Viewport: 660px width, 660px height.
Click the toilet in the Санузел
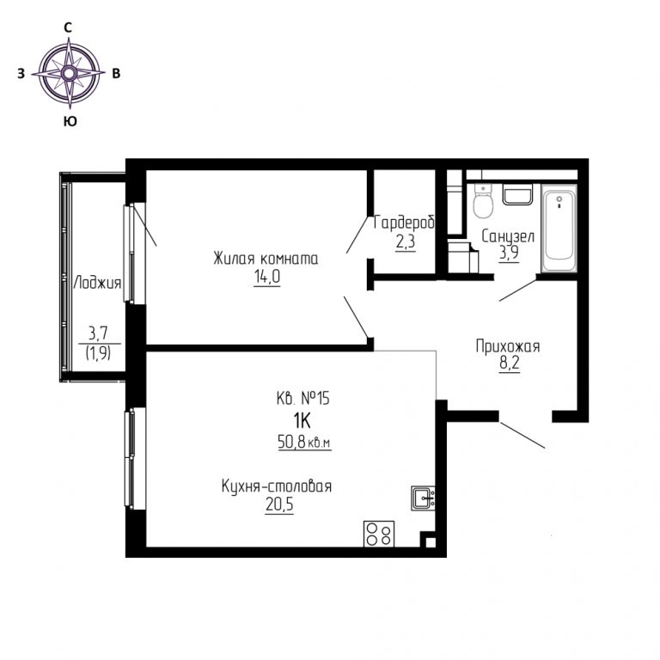482,201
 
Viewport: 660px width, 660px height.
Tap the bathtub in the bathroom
559,229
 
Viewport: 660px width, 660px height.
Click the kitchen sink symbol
423,498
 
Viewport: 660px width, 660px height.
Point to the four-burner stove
379,534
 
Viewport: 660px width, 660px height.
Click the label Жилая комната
266,259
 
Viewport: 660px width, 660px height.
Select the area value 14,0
267,277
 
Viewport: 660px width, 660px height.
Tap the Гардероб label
404,223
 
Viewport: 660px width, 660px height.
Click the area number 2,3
406,242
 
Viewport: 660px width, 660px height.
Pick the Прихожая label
508,346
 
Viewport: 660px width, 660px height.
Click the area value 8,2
510,364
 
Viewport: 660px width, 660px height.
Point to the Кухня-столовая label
277,486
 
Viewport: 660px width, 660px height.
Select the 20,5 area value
279,504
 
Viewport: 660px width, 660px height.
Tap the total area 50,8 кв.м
304,442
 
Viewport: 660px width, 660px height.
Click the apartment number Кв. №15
302,398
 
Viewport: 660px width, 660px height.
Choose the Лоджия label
97,283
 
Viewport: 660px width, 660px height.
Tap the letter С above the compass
67,27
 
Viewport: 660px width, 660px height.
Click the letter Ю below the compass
70,122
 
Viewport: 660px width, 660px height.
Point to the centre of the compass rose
70,73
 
